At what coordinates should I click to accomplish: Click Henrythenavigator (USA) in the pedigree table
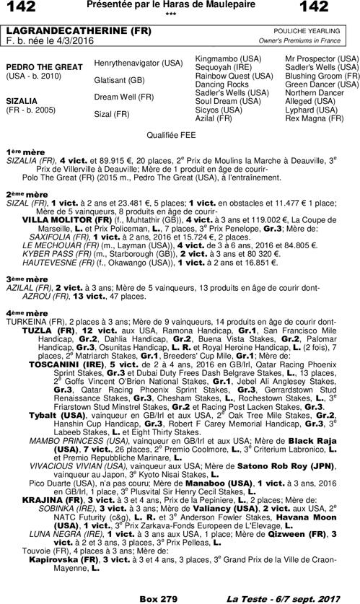(x=139, y=64)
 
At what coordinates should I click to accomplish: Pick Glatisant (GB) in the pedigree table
(x=120, y=80)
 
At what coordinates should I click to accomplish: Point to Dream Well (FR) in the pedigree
(x=124, y=97)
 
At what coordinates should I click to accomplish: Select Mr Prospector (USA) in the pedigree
(x=322, y=58)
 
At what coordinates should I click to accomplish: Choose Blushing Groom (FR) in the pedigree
(x=322, y=75)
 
